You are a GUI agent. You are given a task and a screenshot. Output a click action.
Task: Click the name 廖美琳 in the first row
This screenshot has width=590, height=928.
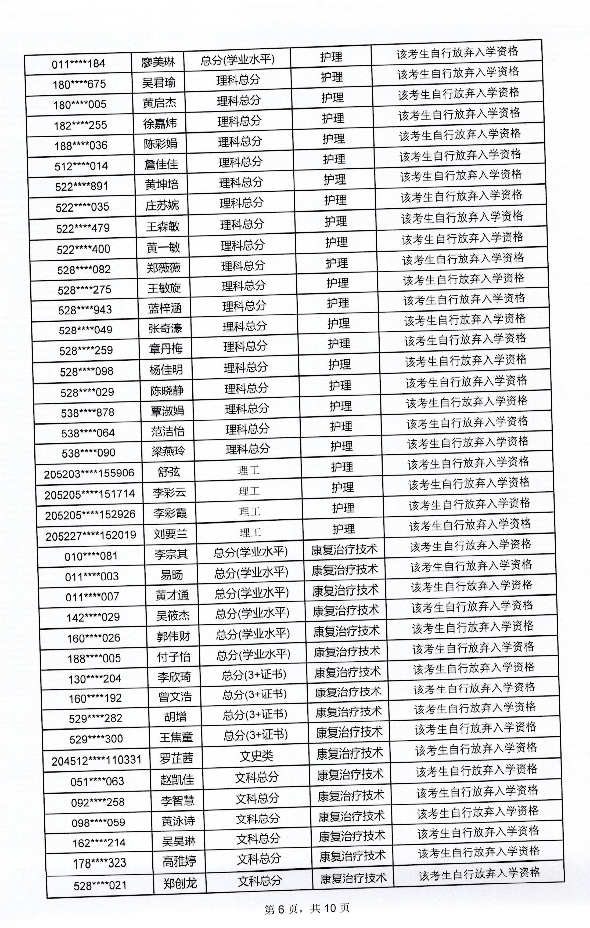[158, 62]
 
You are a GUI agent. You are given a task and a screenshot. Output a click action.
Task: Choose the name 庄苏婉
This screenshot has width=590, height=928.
[162, 205]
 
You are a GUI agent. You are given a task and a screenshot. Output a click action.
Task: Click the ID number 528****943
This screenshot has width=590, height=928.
[85, 310]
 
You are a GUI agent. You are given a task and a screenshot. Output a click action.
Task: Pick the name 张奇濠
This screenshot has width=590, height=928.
[165, 328]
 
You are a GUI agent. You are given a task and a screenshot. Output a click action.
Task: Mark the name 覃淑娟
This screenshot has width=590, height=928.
[167, 411]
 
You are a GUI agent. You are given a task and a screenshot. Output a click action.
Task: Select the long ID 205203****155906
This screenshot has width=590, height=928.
[89, 473]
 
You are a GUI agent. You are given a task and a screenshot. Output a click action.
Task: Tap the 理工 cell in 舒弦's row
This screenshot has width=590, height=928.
[248, 470]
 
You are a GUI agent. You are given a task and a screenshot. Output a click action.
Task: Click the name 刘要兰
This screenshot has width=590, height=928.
[170, 533]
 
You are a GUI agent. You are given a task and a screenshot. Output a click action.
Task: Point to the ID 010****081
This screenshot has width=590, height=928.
[91, 556]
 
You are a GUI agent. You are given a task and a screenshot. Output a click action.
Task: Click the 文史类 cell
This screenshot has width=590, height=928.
[256, 756]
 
